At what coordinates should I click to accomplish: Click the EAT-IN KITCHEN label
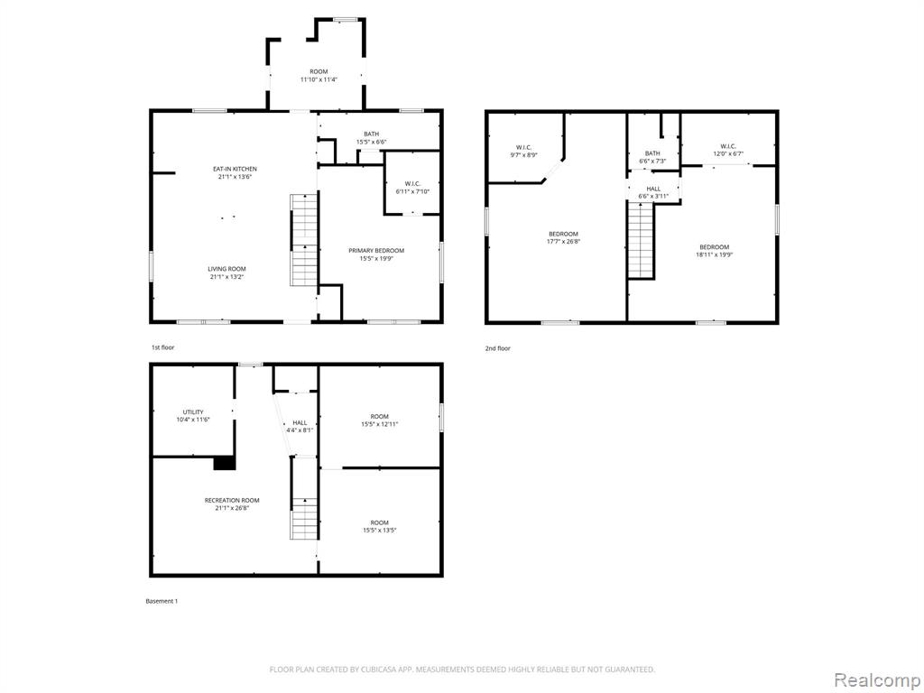pos(235,169)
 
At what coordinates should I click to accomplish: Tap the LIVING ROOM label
pos(226,269)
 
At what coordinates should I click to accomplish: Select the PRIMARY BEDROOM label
pos(376,251)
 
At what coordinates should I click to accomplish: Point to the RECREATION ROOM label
pos(232,500)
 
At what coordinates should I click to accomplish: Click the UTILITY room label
pos(193,411)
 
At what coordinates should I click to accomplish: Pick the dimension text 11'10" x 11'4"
pos(319,79)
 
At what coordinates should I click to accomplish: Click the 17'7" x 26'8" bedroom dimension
pos(563,242)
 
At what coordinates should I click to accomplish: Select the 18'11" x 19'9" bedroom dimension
pos(715,254)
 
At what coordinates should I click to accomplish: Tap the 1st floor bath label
pos(371,134)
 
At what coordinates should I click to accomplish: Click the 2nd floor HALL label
pos(653,189)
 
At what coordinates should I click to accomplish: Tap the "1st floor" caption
pos(163,347)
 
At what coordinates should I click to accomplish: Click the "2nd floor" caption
pos(497,348)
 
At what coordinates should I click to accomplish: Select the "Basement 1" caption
pos(162,601)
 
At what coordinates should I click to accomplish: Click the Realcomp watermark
pos(877,679)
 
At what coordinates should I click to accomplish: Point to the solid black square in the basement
pos(224,463)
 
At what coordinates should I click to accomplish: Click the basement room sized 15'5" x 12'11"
pos(380,417)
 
